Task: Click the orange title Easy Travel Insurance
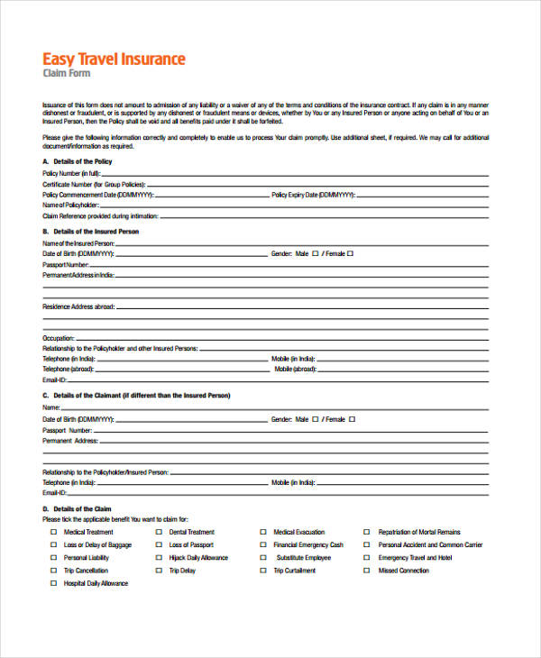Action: (x=114, y=59)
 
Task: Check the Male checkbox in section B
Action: (x=315, y=254)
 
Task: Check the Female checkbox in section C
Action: (x=352, y=419)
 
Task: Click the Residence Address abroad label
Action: (x=78, y=306)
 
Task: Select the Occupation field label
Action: (x=59, y=338)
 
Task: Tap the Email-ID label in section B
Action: (x=54, y=379)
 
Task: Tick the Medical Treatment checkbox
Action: (x=52, y=533)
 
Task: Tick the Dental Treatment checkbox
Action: (x=158, y=533)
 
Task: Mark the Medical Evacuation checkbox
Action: (x=263, y=533)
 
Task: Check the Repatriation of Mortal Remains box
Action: (x=367, y=533)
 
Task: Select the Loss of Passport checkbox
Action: (x=158, y=545)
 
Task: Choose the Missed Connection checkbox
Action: (x=367, y=571)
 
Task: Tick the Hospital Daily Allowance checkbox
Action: (x=52, y=583)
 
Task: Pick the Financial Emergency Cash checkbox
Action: (x=263, y=545)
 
